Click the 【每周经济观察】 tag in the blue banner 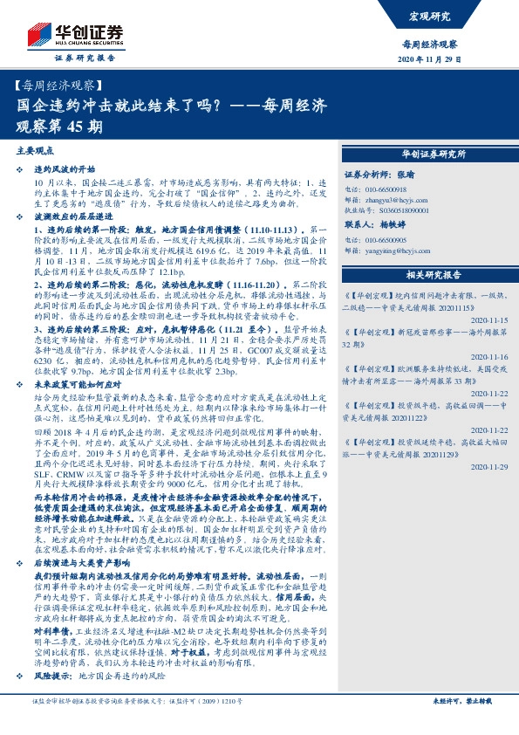coord(59,87)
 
